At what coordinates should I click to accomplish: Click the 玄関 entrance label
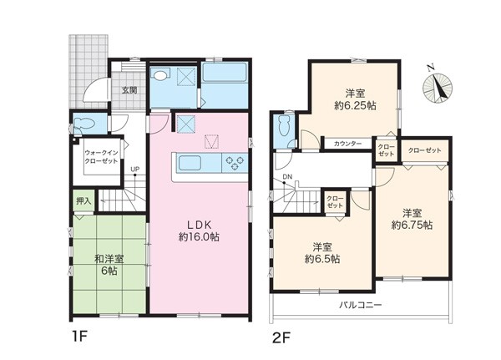point(129,90)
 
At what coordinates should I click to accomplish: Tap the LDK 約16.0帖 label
point(199,231)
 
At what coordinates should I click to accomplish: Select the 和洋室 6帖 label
point(109,265)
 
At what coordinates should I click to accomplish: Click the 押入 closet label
point(83,200)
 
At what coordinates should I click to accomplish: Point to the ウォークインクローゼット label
point(101,157)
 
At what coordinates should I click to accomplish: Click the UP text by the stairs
point(134,170)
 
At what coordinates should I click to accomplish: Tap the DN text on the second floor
point(287,177)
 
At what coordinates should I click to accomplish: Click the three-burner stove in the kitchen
point(235,163)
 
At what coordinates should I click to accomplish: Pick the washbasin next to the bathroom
point(160,76)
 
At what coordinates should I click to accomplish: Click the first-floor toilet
point(83,123)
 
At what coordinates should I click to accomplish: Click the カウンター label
point(347,144)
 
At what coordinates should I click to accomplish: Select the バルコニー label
point(360,305)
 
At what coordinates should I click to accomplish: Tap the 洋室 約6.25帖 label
point(355,99)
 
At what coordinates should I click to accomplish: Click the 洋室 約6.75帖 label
point(412,219)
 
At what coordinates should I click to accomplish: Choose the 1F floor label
point(78,337)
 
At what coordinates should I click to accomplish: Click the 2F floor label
point(281,337)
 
